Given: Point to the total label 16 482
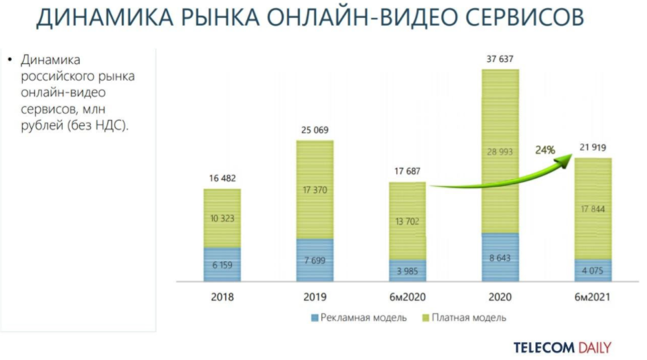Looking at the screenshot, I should [222, 179].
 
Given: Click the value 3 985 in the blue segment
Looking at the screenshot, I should [407, 270].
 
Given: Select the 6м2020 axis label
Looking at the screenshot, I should [407, 298].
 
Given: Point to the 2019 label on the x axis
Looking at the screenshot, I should [315, 298].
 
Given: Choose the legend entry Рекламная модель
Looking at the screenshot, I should [359, 318].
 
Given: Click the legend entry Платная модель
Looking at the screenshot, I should [465, 318].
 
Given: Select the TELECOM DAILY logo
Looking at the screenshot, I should [562, 347].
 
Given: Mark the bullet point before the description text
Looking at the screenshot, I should [10, 60].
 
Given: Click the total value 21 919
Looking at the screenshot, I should [593, 148].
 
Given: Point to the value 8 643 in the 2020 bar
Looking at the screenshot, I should [500, 257].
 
